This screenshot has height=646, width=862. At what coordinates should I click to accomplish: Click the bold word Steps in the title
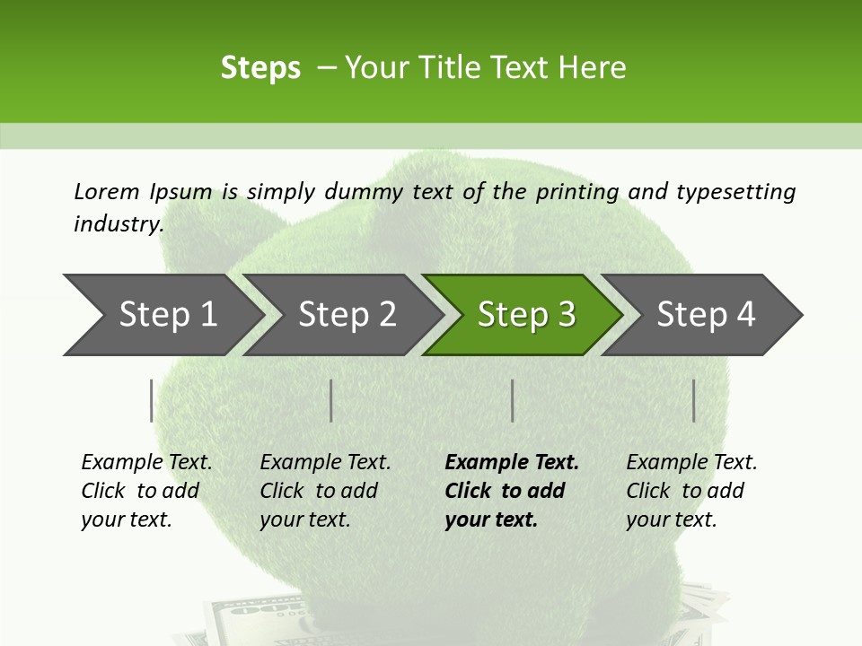click(x=260, y=68)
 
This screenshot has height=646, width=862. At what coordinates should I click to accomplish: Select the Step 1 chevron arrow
click(x=162, y=315)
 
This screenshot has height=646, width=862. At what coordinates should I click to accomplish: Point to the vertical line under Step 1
click(x=152, y=400)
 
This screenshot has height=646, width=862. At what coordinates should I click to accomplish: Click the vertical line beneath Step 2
click(x=331, y=400)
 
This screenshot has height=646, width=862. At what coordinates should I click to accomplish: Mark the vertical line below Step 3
click(x=513, y=400)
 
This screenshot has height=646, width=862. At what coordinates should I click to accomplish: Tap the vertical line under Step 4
click(x=694, y=400)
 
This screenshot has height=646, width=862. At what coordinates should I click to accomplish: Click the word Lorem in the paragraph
click(x=107, y=192)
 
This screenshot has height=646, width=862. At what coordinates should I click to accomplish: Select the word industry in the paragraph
click(x=118, y=224)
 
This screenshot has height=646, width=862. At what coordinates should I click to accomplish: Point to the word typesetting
click(x=735, y=192)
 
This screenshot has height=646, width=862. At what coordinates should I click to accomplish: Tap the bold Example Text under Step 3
click(x=512, y=463)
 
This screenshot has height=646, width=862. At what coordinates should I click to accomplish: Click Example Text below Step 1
click(x=146, y=463)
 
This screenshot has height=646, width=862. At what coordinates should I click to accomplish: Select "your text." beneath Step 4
click(x=671, y=519)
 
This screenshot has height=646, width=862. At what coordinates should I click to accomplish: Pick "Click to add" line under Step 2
click(x=319, y=492)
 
